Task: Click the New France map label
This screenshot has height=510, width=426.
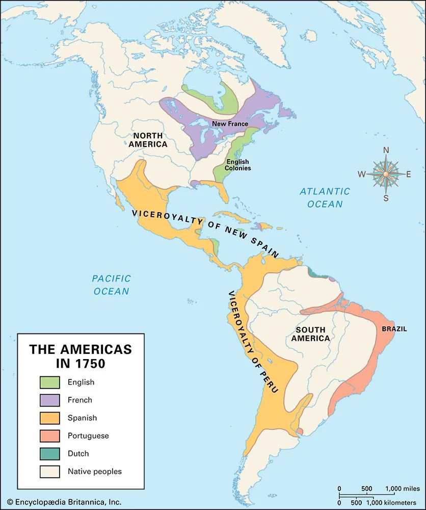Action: [x=230, y=124]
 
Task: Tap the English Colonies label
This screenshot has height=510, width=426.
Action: [x=238, y=165]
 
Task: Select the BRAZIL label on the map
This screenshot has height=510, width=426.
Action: [x=394, y=329]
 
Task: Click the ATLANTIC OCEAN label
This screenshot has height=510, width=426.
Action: [x=325, y=197]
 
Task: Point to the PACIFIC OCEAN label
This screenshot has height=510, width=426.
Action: [x=111, y=285]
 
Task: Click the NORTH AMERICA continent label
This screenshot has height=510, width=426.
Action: [x=148, y=140]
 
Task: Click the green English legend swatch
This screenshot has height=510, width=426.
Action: [x=50, y=382]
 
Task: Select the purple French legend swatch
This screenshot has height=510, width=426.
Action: [x=50, y=400]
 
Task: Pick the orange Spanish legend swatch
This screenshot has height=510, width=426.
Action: [x=50, y=418]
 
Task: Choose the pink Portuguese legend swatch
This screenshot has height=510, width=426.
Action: [x=50, y=436]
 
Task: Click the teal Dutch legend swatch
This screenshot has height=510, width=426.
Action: [x=50, y=453]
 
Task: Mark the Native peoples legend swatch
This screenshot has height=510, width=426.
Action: [x=50, y=471]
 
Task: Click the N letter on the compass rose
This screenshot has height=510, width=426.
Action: [x=386, y=150]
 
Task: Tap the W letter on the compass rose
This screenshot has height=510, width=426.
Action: [x=361, y=174]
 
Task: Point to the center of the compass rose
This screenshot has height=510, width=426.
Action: [x=386, y=174]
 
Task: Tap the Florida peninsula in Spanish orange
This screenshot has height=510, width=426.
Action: [x=220, y=193]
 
